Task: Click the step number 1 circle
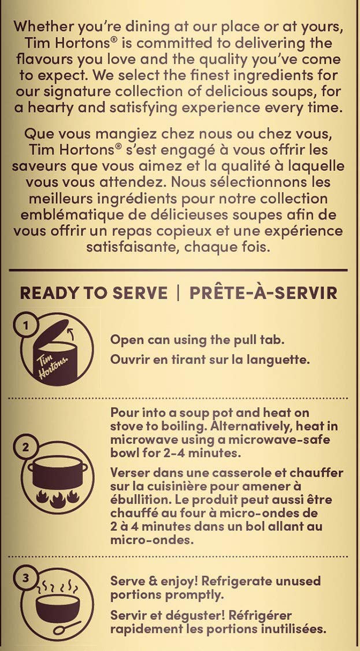coord(25,326)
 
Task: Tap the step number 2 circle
coord(25,448)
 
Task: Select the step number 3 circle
coord(25,578)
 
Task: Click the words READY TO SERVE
coord(94,293)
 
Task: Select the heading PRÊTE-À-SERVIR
coord(263,293)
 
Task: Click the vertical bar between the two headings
coord(179,293)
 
